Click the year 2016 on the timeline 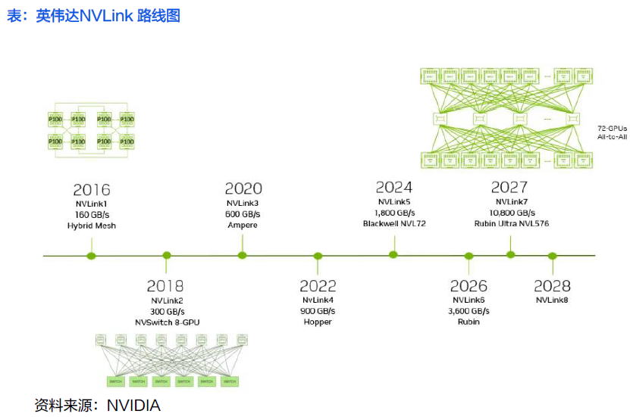tap(92, 189)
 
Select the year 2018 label tap(165, 286)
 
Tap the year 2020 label tap(243, 188)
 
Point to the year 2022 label tap(318, 286)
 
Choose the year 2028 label tap(552, 286)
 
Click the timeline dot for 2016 tap(92, 256)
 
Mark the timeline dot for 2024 tap(393, 254)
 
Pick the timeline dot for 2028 tap(553, 256)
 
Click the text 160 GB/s tap(92, 214)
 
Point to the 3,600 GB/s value tap(469, 310)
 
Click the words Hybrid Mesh tap(92, 226)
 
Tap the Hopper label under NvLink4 tap(318, 322)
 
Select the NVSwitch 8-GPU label tap(165, 322)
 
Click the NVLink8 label tap(552, 300)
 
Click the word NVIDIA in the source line tap(133, 406)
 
